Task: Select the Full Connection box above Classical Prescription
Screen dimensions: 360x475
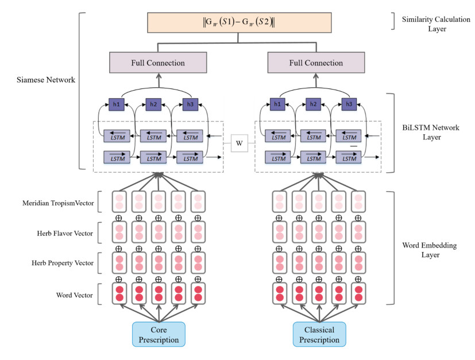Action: [x=316, y=63]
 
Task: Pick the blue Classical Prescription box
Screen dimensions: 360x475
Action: [x=319, y=335]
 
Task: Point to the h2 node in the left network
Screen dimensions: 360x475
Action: [x=153, y=104]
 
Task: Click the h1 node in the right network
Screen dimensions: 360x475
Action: [x=278, y=104]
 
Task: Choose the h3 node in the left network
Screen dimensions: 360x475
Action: [x=190, y=104]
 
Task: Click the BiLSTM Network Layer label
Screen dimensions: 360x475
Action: [x=431, y=133]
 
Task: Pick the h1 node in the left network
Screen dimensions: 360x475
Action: [x=117, y=104]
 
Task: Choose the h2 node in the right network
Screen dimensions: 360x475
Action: [x=313, y=104]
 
